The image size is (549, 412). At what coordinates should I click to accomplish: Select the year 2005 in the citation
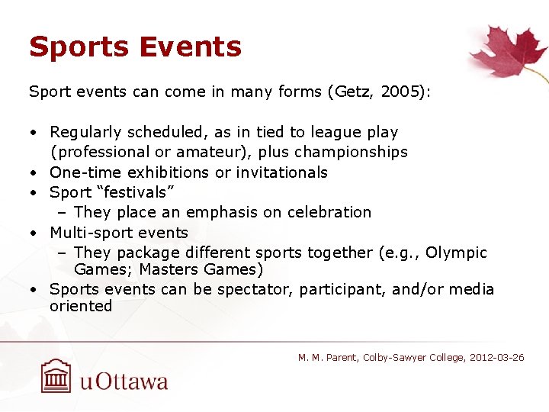click(x=397, y=92)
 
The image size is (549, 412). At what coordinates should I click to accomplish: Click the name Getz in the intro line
click(x=351, y=92)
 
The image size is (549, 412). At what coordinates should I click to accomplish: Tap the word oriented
click(x=81, y=306)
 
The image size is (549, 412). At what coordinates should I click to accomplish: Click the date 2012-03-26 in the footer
click(x=496, y=358)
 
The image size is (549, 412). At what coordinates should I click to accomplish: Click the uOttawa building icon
click(x=56, y=376)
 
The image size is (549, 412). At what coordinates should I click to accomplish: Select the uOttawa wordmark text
click(x=124, y=381)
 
